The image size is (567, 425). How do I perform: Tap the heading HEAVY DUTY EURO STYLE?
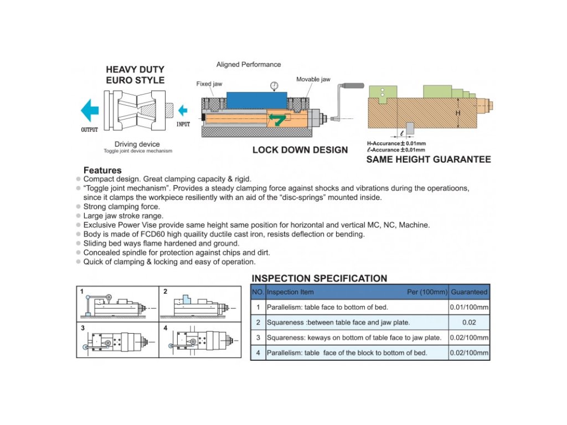[135, 75]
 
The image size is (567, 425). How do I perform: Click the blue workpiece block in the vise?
[257, 100]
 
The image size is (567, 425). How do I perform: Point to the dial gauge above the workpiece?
[274, 85]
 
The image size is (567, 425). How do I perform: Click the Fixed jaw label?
[209, 84]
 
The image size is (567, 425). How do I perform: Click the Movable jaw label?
[313, 79]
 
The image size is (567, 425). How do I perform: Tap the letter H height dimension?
[458, 113]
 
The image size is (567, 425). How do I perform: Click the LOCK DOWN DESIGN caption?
[300, 149]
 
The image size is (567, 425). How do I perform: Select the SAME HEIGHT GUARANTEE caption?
[428, 159]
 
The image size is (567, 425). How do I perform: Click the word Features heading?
[102, 170]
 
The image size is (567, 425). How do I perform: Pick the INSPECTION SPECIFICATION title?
[319, 278]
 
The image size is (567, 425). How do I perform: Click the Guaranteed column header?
[469, 292]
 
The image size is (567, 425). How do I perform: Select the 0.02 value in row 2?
[469, 322]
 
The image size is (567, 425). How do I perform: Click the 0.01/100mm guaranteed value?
[469, 307]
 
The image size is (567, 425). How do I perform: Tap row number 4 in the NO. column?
[258, 353]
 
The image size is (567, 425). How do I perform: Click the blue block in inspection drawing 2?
[187, 299]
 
